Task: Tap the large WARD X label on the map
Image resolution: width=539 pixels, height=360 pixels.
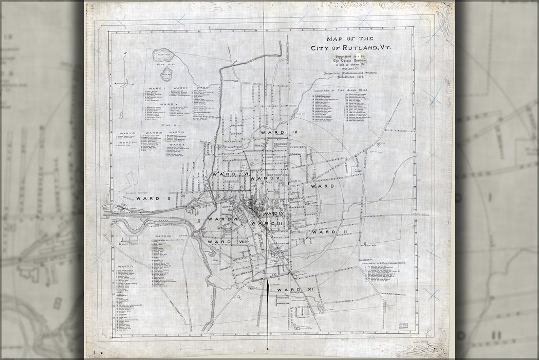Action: [x=153, y=197]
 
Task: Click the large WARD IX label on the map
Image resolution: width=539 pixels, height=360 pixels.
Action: [x=279, y=133]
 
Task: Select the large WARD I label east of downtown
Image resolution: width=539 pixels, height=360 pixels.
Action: [x=325, y=186]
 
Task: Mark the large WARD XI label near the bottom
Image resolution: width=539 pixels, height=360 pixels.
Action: [x=295, y=290]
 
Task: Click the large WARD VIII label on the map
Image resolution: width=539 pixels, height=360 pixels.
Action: [x=228, y=241]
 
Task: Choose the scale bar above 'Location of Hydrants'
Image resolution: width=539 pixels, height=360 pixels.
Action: [x=129, y=241]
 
